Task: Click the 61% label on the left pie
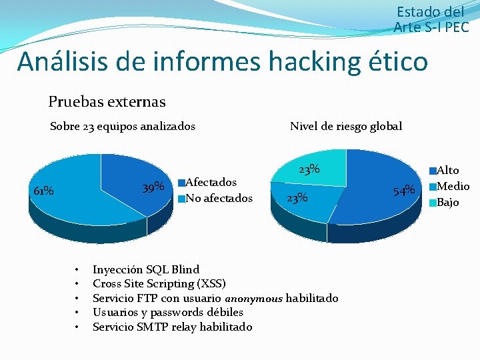pos(44,191)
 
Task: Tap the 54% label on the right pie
pos(404,191)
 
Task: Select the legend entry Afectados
pos(211,182)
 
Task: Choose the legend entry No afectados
pos(219,198)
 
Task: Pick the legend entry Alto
pos(447,171)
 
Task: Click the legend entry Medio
pos(453,187)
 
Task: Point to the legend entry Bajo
pos(447,202)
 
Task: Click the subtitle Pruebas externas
pos(107,102)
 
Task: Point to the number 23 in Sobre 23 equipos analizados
pos(89,126)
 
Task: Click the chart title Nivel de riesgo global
pos(346,126)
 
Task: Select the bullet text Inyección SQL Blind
pos(146,269)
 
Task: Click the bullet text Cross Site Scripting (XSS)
pos(159,283)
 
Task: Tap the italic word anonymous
pos(253,298)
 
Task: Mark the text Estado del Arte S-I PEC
pos(431,19)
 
